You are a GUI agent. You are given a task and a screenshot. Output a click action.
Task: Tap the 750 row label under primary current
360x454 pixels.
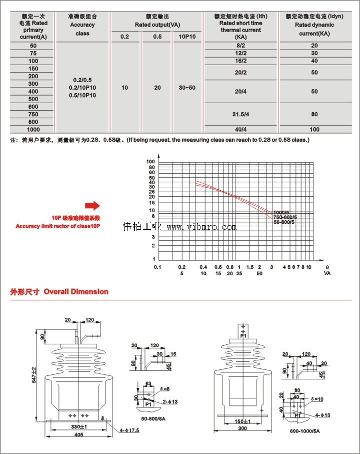[33, 114]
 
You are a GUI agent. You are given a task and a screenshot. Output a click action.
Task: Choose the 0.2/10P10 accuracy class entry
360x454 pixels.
[82, 88]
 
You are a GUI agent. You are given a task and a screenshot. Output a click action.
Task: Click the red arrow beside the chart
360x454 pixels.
[92, 205]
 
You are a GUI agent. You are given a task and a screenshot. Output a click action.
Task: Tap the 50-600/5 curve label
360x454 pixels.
[285, 222]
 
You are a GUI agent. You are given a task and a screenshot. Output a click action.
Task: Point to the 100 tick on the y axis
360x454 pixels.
[150, 162]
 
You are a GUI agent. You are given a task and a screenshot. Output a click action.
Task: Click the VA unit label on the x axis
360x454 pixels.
[327, 273]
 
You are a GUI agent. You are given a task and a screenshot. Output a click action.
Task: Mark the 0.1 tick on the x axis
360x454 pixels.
[157, 267]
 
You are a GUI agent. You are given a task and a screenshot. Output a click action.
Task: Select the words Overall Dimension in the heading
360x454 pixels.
[76, 291]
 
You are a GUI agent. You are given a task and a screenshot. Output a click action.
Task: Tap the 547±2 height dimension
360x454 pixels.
[34, 374]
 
